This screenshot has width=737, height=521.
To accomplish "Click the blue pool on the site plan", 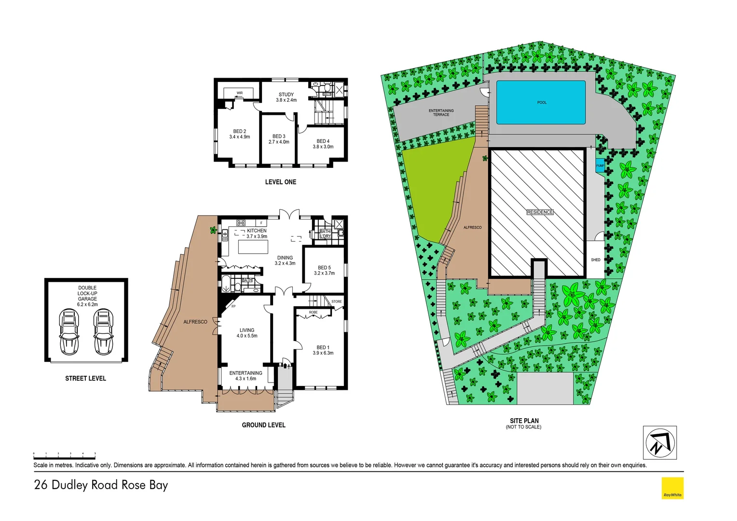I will click(x=541, y=102).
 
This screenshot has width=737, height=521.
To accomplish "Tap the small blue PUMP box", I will click(x=600, y=165).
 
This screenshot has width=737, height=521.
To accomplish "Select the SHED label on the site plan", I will click(x=596, y=260).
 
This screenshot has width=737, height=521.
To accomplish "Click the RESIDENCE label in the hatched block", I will click(x=540, y=212).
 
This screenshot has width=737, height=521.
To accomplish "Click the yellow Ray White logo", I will click(x=672, y=488).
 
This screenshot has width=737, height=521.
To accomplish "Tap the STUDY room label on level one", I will click(x=286, y=95).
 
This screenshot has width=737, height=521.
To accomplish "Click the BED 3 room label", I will click(x=279, y=137).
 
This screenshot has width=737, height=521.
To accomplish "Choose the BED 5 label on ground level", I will click(x=324, y=268).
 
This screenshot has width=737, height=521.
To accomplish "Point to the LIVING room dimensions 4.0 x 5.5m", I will click(x=247, y=336).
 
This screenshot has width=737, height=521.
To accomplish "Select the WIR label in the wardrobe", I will click(x=240, y=93).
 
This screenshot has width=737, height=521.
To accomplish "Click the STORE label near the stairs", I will click(x=337, y=302).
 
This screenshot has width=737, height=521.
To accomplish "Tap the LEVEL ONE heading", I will click(x=281, y=182).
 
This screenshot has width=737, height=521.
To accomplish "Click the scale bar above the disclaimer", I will click(x=65, y=454).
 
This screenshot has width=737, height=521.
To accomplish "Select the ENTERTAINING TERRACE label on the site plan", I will click(x=441, y=112).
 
